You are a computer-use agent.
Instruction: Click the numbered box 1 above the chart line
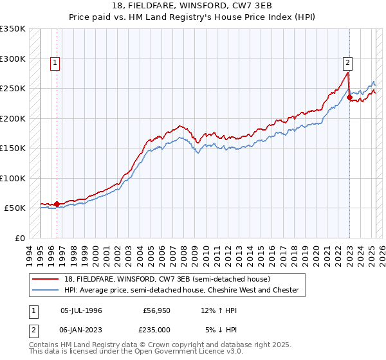coord(56,63)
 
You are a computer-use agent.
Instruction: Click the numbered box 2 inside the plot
coord(347,63)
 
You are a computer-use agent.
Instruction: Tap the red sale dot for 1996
coord(57,204)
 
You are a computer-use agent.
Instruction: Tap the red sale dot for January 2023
coord(349,98)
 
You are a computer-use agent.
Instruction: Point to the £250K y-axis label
coord(13,89)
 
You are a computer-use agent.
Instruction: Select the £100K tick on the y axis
coord(13,178)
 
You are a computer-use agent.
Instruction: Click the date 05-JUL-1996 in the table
coord(81,310)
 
